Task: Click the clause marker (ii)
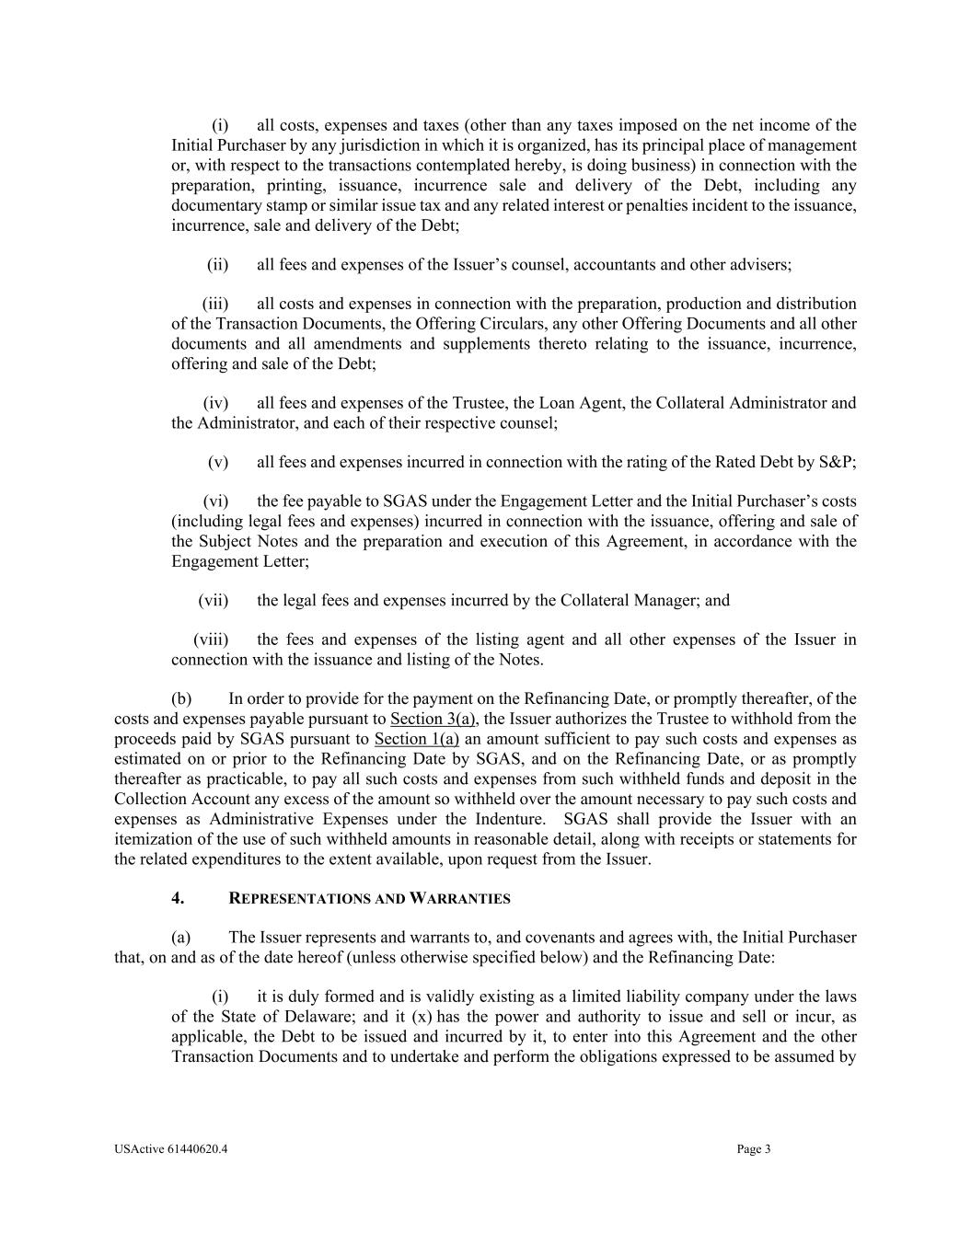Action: (x=217, y=265)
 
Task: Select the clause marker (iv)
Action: (x=215, y=403)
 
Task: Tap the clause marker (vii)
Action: (x=213, y=601)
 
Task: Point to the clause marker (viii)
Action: (x=211, y=640)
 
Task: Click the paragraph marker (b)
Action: (x=181, y=699)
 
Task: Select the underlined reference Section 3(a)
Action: (x=433, y=719)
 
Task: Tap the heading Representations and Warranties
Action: (x=369, y=898)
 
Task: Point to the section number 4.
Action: (x=178, y=898)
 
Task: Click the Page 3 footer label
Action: (x=754, y=1148)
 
